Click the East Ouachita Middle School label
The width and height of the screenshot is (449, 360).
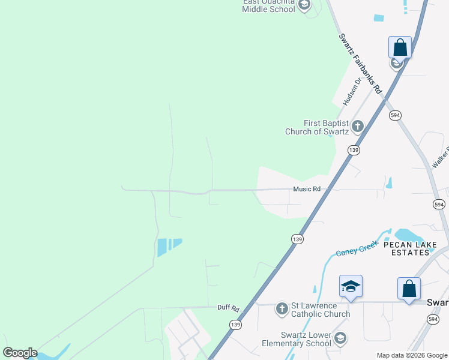(268, 5)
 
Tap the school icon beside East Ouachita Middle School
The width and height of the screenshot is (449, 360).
(304, 5)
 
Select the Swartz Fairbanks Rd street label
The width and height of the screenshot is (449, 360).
(360, 63)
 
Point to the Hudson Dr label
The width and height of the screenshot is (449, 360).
(352, 91)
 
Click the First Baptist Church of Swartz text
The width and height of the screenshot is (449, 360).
(317, 127)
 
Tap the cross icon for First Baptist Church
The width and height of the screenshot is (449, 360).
(358, 126)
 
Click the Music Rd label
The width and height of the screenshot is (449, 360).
(307, 189)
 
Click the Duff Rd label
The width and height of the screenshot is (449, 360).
(228, 307)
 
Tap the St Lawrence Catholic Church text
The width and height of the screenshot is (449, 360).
(321, 310)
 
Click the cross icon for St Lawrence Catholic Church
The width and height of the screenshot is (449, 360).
(282, 309)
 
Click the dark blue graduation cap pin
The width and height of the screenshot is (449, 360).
(351, 287)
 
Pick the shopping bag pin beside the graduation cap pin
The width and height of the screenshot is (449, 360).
(409, 288)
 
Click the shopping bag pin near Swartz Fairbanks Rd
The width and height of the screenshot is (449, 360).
(400, 47)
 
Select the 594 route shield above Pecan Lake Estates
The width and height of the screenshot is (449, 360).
(439, 205)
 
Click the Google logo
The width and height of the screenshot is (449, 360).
(20, 353)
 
